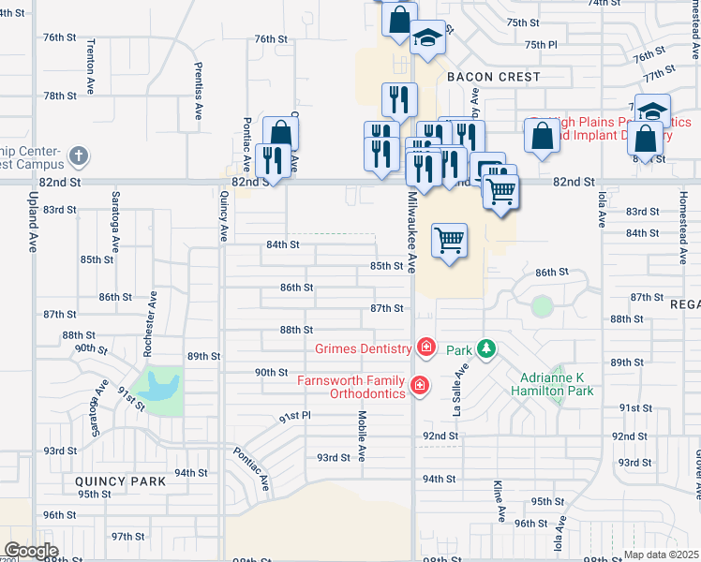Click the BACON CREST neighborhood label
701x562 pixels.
(x=493, y=76)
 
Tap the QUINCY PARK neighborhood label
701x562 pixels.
(x=120, y=481)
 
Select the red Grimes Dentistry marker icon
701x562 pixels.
(x=425, y=348)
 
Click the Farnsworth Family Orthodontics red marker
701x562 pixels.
(x=419, y=385)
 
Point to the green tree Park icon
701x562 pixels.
(x=485, y=349)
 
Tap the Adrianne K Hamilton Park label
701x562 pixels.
(x=558, y=385)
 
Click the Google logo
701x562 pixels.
(x=31, y=551)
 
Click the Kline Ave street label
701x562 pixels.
(x=500, y=502)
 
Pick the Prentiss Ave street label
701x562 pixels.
(x=198, y=91)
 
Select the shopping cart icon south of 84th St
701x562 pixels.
(x=450, y=240)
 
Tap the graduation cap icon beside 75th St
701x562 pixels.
(x=427, y=37)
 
